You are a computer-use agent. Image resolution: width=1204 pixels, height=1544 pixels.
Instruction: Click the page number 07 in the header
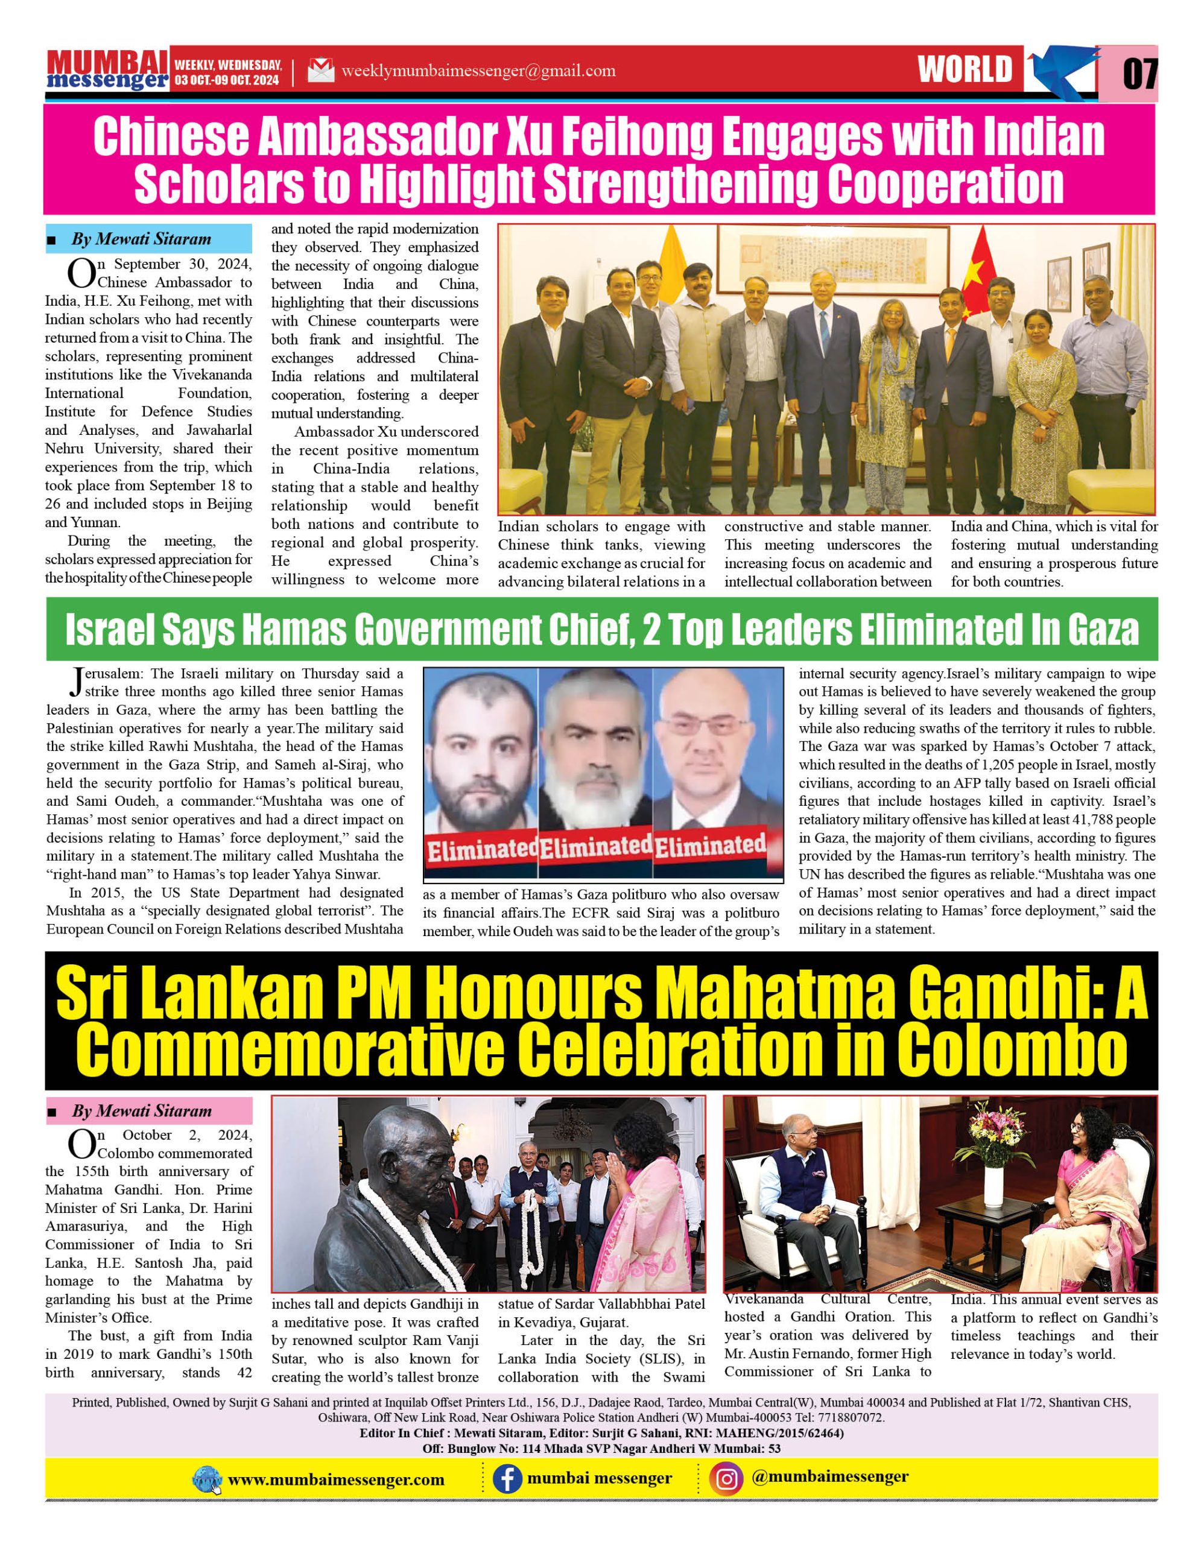[1139, 73]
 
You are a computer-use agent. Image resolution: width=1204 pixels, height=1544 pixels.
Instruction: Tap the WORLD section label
[965, 70]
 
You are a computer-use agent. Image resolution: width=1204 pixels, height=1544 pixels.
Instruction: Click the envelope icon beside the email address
[320, 71]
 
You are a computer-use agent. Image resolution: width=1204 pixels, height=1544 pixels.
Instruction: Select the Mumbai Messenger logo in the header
[107, 70]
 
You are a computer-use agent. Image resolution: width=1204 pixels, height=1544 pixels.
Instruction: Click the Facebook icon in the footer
[507, 1479]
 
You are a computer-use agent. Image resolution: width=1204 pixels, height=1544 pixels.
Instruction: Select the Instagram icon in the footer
[727, 1479]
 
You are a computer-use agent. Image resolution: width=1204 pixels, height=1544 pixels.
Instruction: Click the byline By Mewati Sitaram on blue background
[141, 239]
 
